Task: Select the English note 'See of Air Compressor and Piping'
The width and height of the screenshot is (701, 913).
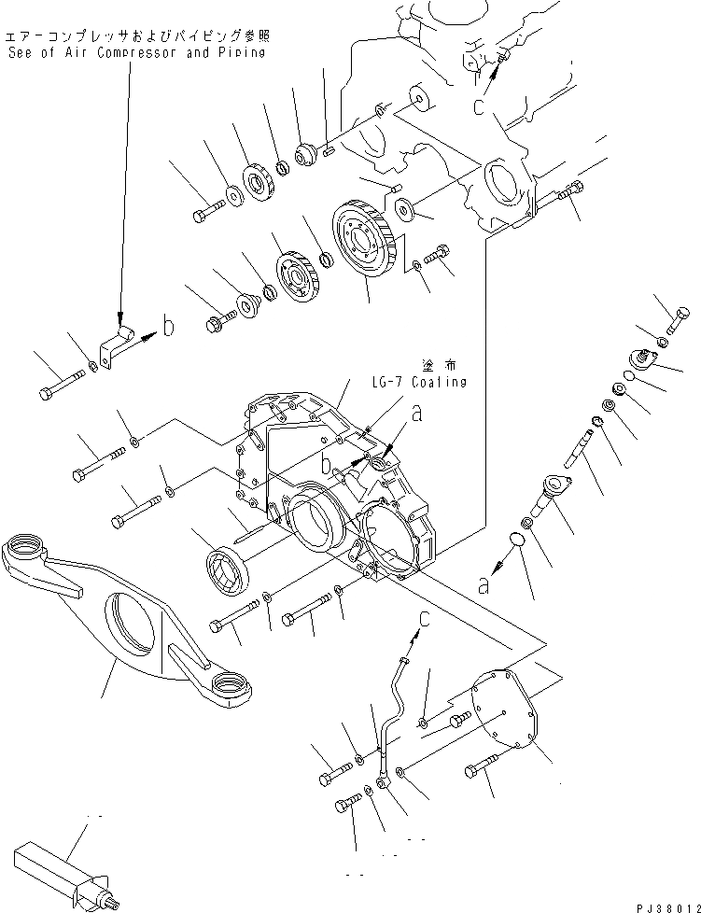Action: click(134, 53)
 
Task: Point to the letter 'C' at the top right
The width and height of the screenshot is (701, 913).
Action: click(478, 106)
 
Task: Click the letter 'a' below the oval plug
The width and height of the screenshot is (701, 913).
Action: click(483, 586)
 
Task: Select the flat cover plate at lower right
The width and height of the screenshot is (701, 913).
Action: click(512, 709)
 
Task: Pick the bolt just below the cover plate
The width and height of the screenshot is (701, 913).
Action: click(479, 770)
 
